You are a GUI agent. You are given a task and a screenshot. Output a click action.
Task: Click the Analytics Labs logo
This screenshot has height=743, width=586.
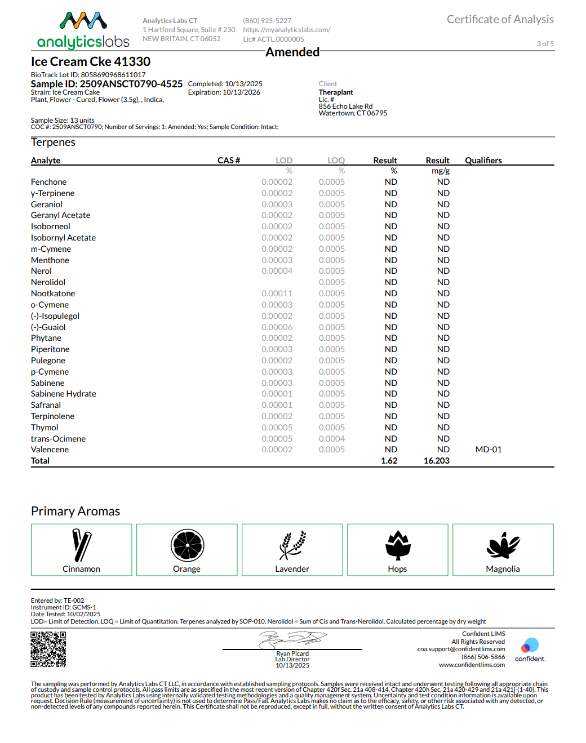point(83,30)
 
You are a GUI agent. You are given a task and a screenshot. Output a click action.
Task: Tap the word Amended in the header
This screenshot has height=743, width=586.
point(292,52)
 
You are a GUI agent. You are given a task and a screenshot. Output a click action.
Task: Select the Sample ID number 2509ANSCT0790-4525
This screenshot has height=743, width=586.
point(131,84)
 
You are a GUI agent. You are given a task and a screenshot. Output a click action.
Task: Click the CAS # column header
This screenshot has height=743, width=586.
point(229,161)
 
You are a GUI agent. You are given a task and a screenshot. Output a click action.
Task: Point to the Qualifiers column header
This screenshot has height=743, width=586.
point(483,161)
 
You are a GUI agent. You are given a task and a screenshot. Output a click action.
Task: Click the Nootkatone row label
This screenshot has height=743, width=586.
point(53,293)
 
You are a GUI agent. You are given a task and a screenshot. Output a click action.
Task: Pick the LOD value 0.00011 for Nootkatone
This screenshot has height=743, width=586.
point(277,293)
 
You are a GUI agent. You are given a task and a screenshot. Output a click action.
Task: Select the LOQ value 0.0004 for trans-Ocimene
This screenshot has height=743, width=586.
point(331,439)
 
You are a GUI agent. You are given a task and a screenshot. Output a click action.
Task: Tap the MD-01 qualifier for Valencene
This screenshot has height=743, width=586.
point(489,450)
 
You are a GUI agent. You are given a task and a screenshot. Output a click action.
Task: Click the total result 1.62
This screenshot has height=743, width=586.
point(389,461)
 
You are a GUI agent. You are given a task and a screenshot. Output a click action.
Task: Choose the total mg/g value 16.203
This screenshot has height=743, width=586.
point(436,461)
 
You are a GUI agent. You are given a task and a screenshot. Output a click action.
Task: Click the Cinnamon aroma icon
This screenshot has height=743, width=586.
point(82,545)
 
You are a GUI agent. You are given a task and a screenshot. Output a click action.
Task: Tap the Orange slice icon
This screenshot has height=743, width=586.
point(187,545)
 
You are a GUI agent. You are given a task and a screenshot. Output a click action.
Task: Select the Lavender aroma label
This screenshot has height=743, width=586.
point(292,569)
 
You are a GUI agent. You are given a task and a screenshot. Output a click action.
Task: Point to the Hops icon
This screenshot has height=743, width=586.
point(398,545)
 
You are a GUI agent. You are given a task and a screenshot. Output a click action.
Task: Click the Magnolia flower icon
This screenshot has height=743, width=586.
point(503,545)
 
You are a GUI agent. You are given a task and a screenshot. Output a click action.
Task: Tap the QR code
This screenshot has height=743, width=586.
point(48,649)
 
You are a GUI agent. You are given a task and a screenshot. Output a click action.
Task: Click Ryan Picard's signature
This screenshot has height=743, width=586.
point(292,639)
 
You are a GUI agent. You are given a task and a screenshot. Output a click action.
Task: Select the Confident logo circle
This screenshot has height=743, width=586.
point(530,645)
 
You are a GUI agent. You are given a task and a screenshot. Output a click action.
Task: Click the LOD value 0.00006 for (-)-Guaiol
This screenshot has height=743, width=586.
point(277,327)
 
